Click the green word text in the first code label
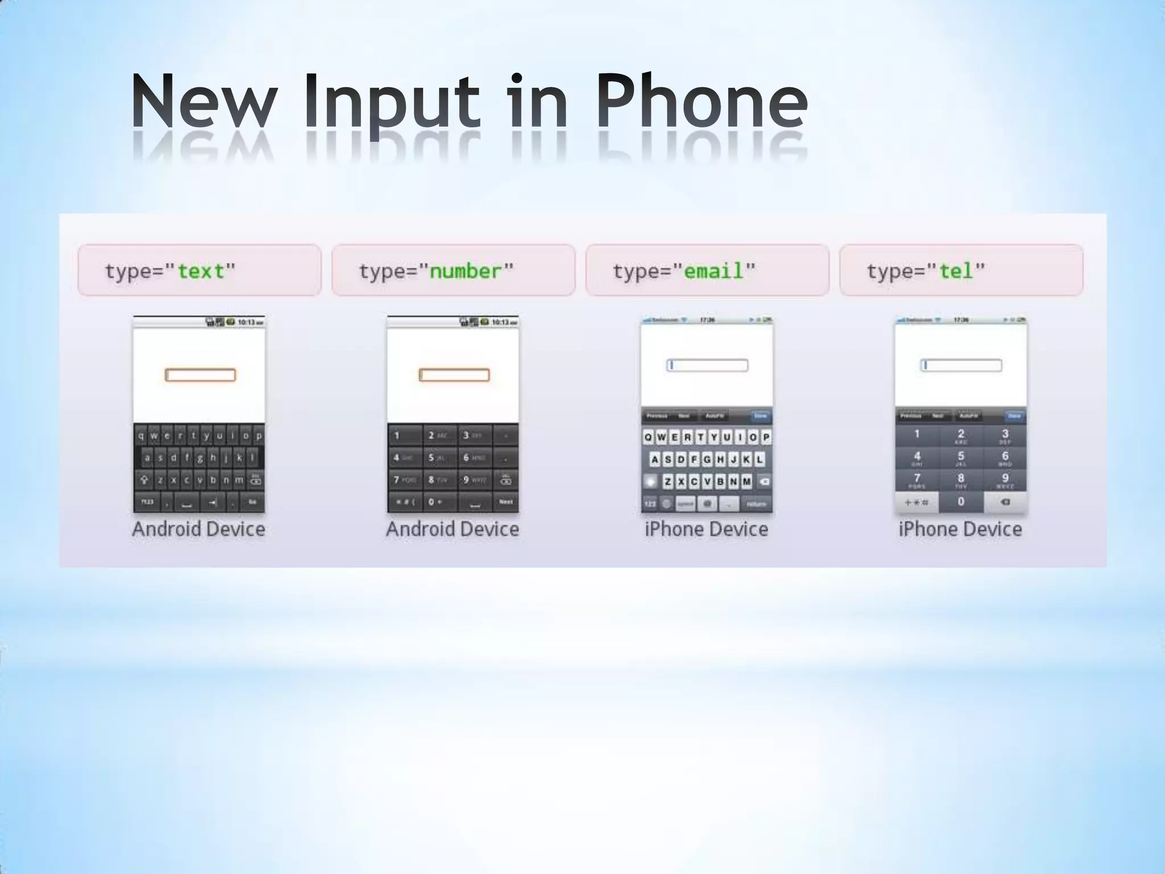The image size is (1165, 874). [x=201, y=271]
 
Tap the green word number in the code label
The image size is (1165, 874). [x=465, y=271]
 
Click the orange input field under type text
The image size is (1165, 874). [x=200, y=375]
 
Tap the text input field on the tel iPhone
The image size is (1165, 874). [x=961, y=365]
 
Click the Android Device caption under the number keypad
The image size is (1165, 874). [x=452, y=529]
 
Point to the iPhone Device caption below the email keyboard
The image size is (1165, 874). [x=707, y=529]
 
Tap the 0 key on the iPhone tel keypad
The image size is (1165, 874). [x=961, y=502]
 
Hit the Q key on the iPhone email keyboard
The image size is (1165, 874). [x=648, y=437]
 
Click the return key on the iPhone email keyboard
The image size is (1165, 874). [x=757, y=503]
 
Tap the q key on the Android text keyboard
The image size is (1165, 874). [x=141, y=436]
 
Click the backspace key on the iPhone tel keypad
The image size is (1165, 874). [x=1005, y=502]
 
